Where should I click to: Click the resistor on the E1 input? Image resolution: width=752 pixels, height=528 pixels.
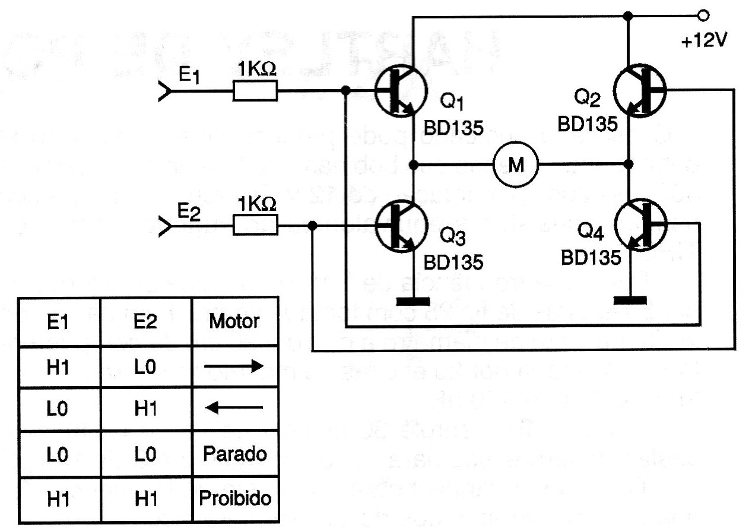click(255, 91)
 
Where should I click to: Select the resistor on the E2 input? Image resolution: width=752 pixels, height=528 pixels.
click(255, 226)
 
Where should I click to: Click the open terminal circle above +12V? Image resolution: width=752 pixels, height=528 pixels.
click(703, 15)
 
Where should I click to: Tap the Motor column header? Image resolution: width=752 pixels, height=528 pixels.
click(234, 321)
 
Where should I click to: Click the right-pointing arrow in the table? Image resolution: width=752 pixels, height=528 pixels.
click(233, 367)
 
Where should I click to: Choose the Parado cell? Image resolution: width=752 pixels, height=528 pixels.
click(234, 454)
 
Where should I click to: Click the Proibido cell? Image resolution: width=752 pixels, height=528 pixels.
click(234, 498)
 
